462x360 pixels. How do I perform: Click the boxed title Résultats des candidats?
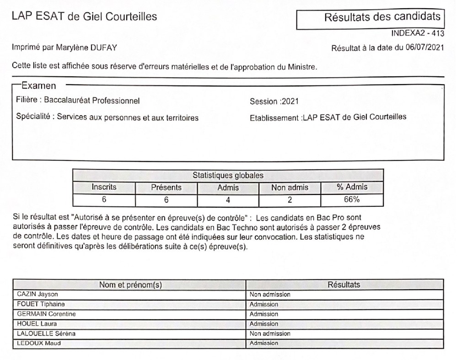point(382,18)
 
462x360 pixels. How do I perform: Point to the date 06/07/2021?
point(424,48)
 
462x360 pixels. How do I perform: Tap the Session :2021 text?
point(274,102)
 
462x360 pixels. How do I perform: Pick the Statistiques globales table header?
point(228,175)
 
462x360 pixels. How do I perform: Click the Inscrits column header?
point(104,188)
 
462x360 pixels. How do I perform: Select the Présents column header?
point(166,188)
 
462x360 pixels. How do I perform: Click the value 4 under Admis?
point(228,200)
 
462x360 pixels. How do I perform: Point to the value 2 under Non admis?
point(290,200)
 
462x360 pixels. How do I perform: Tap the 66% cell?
point(352,200)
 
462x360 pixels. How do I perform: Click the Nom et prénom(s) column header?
point(130,285)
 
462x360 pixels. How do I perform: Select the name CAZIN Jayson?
point(38,295)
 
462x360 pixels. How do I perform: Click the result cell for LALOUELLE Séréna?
point(270,333)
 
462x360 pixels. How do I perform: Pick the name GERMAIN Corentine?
point(46,314)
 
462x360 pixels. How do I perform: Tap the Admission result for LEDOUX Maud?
point(264,344)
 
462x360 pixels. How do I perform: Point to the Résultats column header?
point(344,285)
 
